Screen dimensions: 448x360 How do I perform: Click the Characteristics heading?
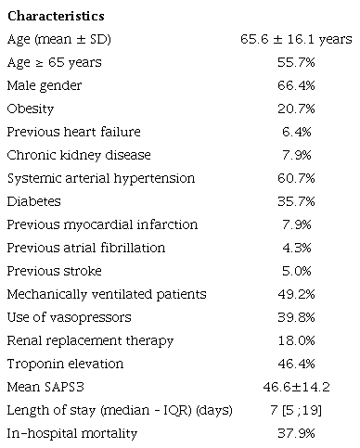tap(56, 17)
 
